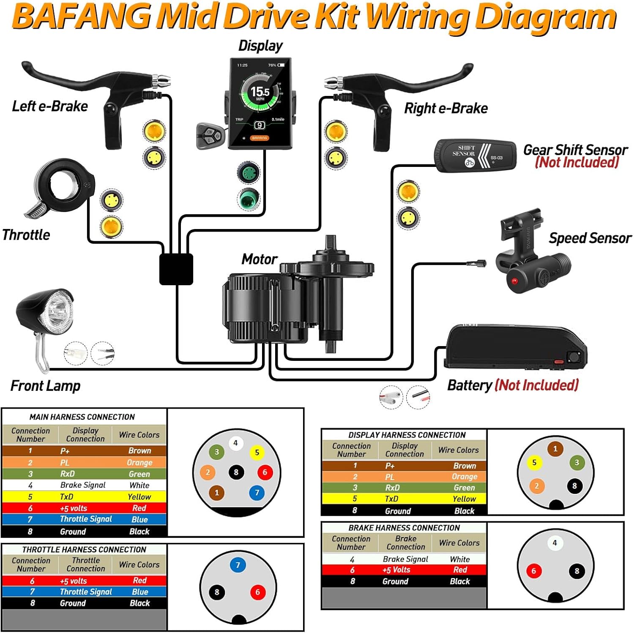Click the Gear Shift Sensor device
[475, 155]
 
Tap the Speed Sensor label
[590, 238]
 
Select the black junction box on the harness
[176, 269]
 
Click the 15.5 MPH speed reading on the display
[260, 92]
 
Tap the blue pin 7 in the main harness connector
[257, 492]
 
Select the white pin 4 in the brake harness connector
[555, 543]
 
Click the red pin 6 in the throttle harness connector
[257, 592]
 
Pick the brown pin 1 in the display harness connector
[555, 449]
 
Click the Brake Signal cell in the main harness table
[83, 485]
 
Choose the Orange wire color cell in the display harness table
[464, 477]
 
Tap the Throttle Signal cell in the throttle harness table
[86, 592]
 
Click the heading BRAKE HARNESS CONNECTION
[404, 528]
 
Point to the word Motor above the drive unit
[259, 259]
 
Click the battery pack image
[516, 347]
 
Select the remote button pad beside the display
[209, 136]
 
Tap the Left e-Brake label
[50, 106]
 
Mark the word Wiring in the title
[416, 17]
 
